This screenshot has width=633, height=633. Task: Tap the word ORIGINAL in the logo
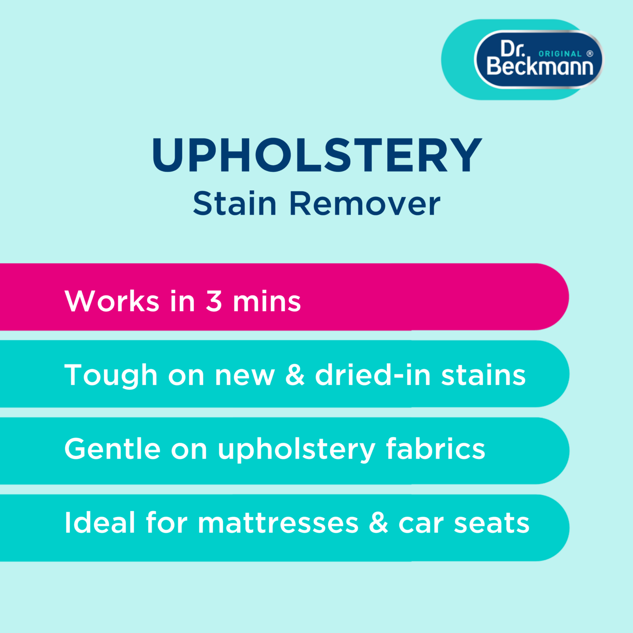[x=560, y=54]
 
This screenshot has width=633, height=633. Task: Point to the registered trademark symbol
[x=590, y=54]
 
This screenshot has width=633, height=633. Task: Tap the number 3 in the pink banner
[x=214, y=301]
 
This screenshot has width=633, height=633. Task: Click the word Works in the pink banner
[x=112, y=301]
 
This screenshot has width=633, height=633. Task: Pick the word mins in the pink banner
[x=267, y=301]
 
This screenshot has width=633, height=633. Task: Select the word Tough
[x=111, y=376]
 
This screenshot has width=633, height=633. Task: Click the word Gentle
[x=113, y=449]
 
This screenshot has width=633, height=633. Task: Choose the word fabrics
[x=436, y=449]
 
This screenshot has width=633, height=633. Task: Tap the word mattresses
[x=278, y=523]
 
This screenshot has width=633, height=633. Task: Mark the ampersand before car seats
[x=378, y=523]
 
